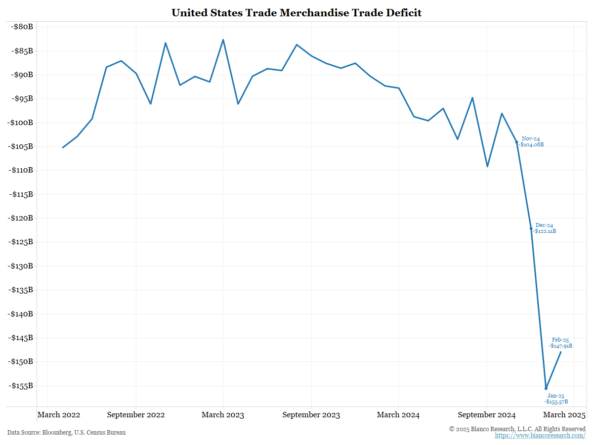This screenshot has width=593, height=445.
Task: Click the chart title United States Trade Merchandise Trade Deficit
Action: [x=296, y=13]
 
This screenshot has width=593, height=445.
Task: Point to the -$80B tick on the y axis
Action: [x=21, y=27]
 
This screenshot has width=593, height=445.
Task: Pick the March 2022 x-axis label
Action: [x=58, y=415]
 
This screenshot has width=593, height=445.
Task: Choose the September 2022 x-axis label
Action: [x=135, y=415]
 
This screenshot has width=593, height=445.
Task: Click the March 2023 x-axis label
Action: [x=222, y=415]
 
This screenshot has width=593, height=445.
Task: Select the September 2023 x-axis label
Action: [x=311, y=415]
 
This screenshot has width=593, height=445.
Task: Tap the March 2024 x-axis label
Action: [x=398, y=415]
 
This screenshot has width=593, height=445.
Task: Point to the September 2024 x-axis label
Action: [x=486, y=415]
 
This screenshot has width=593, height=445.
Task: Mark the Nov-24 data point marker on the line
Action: [x=517, y=142]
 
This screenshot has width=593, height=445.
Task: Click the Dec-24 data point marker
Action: [x=531, y=228]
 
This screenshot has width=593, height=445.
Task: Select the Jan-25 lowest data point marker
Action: [x=546, y=388]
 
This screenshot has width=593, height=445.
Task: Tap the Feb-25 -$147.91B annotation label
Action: [x=560, y=343]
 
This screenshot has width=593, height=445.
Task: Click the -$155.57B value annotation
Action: [x=556, y=401]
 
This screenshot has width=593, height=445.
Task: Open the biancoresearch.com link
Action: [x=540, y=436]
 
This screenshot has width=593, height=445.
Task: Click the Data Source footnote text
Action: [x=66, y=433]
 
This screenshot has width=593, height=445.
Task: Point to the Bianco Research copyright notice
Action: [x=517, y=429]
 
